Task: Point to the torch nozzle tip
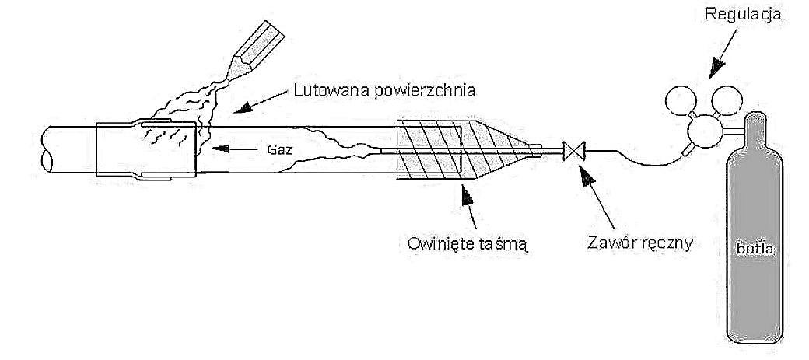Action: coord(232,75)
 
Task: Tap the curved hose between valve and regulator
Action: coord(638,159)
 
